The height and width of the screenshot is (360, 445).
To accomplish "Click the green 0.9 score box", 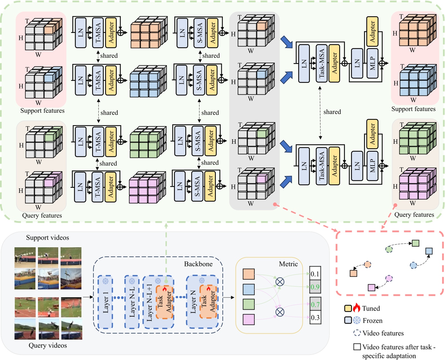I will pos(315,287).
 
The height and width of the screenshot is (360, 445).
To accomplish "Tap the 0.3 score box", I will pos(315,318).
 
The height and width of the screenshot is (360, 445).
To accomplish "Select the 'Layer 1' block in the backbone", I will pos(105,302).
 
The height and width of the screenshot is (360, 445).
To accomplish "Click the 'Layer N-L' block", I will pos(132,302).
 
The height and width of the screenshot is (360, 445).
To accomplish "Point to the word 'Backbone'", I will pos(198,264).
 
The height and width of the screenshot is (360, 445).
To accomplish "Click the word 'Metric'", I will pos(288,264).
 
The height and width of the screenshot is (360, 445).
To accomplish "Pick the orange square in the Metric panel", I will pos(248,274).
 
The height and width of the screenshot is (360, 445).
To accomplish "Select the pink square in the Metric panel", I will pos(248,320).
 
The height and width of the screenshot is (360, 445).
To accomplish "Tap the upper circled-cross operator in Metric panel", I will pos(280,282).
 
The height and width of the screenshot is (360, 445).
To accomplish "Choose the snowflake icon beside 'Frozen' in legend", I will pos(357,320).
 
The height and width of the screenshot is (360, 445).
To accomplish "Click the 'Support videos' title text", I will pos(47,238).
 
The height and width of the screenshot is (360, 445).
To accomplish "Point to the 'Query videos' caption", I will pos(48,345).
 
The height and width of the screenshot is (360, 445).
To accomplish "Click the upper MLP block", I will pos(372,63).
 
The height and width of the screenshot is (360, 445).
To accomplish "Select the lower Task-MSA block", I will pos(322,166).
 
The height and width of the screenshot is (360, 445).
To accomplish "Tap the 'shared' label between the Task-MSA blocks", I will pos(332,112).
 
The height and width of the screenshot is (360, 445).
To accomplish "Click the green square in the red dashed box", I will pos(415,243).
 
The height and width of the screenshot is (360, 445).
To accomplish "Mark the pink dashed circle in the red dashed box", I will pos(389,278).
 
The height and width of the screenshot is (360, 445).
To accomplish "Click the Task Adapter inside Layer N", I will pos(208,302).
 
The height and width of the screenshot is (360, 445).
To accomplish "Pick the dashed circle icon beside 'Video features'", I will pos(357,333).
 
